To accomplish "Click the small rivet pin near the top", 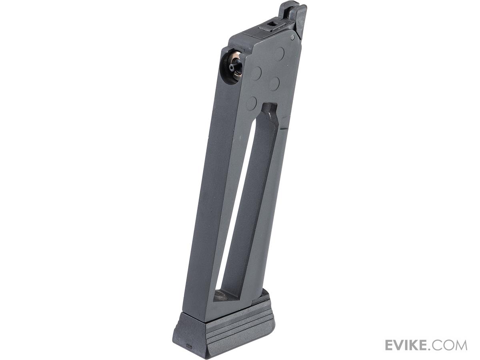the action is (x=292, y=38).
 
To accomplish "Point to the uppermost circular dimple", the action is (x=279, y=54).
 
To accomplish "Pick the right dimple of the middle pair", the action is (x=274, y=84).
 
